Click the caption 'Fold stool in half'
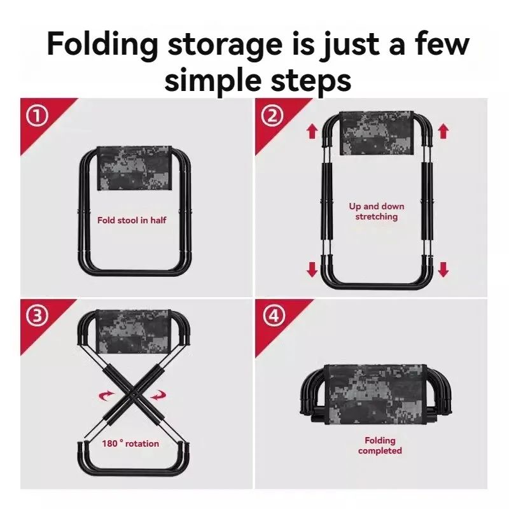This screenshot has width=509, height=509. [x=132, y=221]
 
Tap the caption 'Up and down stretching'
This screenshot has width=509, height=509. [x=377, y=211]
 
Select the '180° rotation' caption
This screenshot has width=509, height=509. [x=130, y=443]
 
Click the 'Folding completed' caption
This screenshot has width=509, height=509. [x=380, y=445]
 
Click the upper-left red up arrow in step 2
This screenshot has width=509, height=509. [x=312, y=132]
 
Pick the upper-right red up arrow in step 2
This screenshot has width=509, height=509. [x=443, y=132]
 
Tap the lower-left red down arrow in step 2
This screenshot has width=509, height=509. [x=312, y=269]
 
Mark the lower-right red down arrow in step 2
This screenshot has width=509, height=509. [x=443, y=269]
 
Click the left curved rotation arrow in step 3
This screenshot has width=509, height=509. [x=103, y=396]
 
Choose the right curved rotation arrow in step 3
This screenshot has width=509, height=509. [x=157, y=396]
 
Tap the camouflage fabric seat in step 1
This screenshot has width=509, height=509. [x=135, y=168]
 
